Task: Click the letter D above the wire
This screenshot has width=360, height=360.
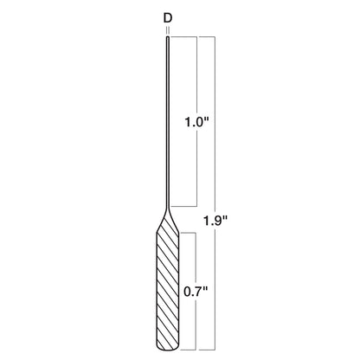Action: (167, 16)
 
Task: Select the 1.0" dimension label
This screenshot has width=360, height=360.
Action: (198, 123)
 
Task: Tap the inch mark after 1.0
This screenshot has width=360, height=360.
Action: (210, 119)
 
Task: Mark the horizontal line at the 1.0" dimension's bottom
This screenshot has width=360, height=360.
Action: (186, 207)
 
